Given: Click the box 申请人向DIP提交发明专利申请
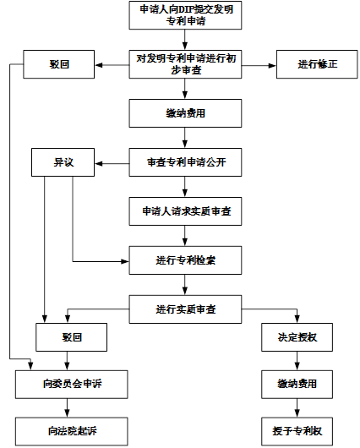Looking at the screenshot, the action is click(185, 15).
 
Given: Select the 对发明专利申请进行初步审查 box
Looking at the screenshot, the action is click(185, 64).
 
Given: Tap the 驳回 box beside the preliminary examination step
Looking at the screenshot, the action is click(59, 64).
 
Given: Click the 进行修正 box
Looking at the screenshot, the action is click(317, 64).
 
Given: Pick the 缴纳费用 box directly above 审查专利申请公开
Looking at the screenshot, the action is click(185, 113).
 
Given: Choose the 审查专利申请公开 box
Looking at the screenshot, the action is click(185, 162).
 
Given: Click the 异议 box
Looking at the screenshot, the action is click(63, 162).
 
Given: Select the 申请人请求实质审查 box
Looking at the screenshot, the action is click(185, 211).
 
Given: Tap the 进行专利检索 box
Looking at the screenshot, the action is click(185, 260).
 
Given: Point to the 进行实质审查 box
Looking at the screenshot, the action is click(185, 309).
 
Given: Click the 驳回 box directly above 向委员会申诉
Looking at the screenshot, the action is click(72, 337).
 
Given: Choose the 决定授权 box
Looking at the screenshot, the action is click(297, 337).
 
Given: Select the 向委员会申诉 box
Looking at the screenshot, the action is click(72, 385).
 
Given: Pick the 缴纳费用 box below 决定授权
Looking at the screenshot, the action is click(297, 385).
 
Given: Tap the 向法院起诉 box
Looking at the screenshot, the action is click(72, 431).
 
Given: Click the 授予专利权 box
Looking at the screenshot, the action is click(297, 431).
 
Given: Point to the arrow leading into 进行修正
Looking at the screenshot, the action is click(259, 65).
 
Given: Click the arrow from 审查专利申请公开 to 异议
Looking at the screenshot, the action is click(112, 164).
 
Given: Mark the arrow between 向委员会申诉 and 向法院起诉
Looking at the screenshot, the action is click(67, 408).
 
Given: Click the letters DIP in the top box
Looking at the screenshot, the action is click(186, 9).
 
